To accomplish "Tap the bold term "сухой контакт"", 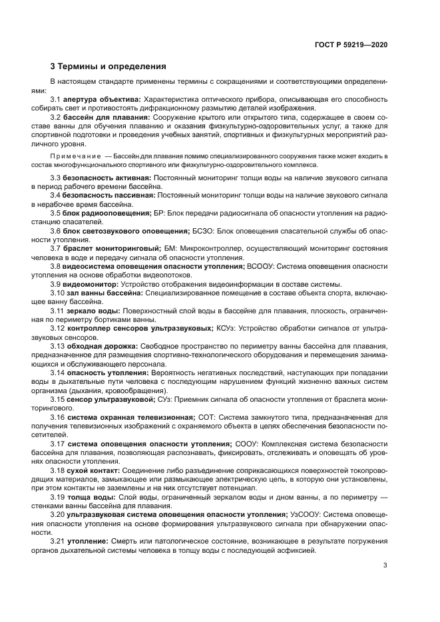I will [x=93, y=469].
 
